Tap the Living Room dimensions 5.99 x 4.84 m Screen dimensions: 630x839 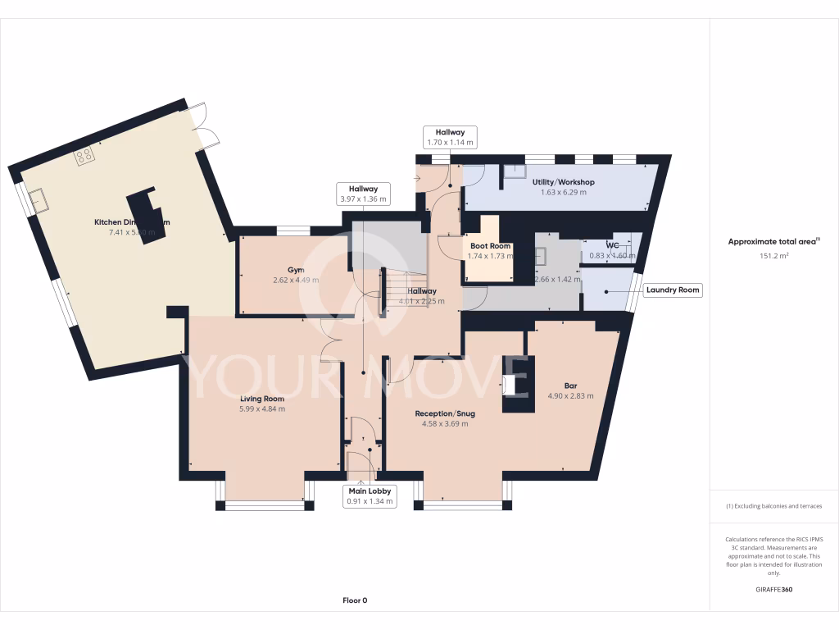click(262, 409)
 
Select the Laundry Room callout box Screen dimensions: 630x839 click(673, 290)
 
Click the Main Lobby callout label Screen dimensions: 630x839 click(369, 495)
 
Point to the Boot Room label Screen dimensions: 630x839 click(490, 246)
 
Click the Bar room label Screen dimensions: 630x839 click(570, 385)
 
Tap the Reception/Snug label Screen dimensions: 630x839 click(445, 413)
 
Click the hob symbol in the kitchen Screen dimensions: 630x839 click(84, 156)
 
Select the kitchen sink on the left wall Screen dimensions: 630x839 click(37, 198)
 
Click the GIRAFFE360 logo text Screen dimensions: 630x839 click(774, 590)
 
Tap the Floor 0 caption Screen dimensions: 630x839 click(355, 600)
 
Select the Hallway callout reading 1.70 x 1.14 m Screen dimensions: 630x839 click(450, 137)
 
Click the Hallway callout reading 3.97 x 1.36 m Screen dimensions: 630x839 click(363, 194)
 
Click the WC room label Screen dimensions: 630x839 click(612, 245)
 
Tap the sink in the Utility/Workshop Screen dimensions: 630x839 click(515, 171)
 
